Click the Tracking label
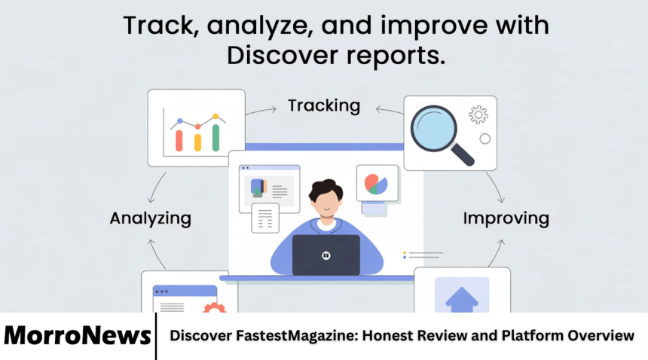(x=324, y=105)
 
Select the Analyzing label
(x=150, y=218)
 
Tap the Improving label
(x=506, y=218)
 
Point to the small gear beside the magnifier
(x=478, y=114)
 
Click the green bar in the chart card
(x=216, y=137)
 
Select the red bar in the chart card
(x=179, y=140)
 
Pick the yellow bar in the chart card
(x=197, y=142)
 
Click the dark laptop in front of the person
(x=326, y=255)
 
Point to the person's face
(x=326, y=203)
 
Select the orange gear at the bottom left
(x=214, y=307)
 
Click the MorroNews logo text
(x=78, y=336)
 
